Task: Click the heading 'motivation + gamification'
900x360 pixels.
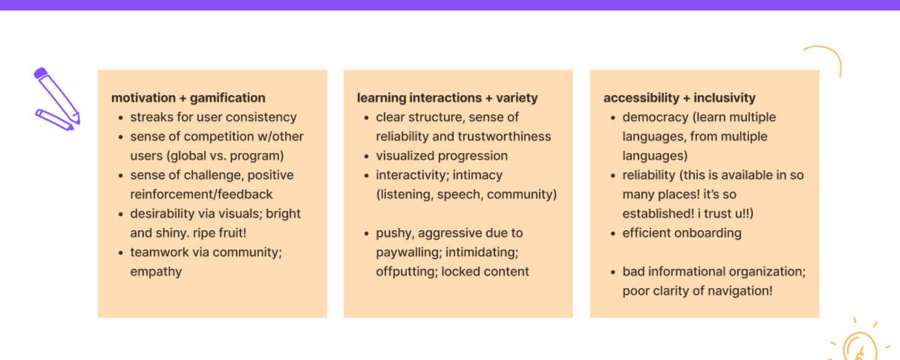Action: (188, 98)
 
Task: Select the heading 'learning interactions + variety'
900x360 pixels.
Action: (447, 98)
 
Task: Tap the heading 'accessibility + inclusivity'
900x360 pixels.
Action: (679, 98)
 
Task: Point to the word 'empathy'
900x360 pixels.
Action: (156, 272)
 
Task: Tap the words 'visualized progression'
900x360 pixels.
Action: (442, 156)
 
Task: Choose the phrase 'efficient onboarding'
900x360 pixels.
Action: (682, 233)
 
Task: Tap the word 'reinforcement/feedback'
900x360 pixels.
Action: (201, 194)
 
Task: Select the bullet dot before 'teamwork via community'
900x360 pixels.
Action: (120, 253)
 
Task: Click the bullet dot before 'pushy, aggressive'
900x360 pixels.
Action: (366, 234)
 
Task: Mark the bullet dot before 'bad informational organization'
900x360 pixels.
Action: (613, 272)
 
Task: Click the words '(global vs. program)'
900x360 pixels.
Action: (225, 156)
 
